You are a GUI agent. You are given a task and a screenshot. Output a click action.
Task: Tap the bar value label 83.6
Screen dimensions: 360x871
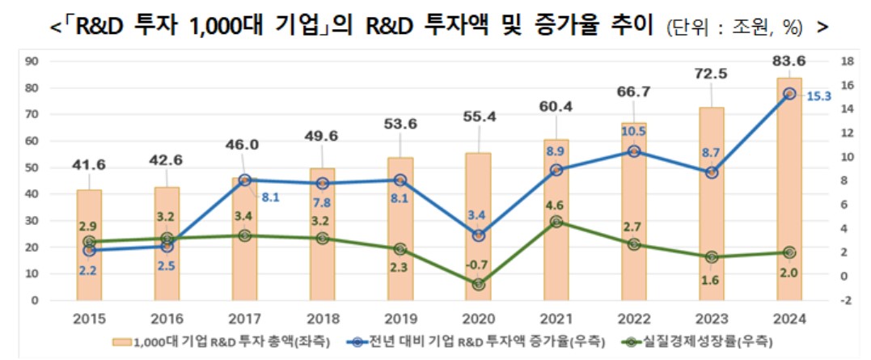tap(789, 59)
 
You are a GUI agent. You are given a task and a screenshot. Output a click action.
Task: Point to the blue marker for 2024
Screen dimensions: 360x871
tap(789, 94)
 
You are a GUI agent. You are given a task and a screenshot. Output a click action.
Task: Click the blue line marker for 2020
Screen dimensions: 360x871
tap(478, 235)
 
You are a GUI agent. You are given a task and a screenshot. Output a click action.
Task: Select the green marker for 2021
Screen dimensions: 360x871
tap(556, 222)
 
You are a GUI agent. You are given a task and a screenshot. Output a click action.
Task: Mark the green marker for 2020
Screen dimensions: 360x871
tap(478, 284)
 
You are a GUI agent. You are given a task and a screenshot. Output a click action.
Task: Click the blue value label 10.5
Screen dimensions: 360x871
tap(633, 130)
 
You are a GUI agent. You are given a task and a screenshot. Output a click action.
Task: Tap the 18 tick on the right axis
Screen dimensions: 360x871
tap(844, 61)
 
